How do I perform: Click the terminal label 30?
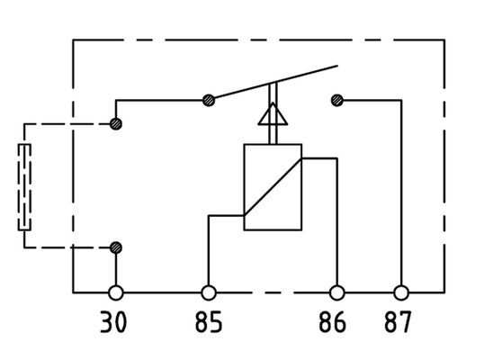(x=113, y=322)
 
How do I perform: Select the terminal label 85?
(x=209, y=322)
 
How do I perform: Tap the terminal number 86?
(x=333, y=322)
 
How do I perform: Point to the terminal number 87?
(x=398, y=322)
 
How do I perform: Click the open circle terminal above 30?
(x=116, y=292)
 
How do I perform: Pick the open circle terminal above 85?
(x=209, y=292)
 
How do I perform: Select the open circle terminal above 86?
(x=337, y=292)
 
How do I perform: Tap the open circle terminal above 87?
(x=401, y=292)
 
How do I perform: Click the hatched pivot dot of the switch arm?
(x=209, y=100)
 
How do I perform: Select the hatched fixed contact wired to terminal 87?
(x=337, y=100)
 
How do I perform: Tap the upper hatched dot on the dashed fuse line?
(x=116, y=123)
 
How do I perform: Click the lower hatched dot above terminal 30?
(x=116, y=247)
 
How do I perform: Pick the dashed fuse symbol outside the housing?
(x=24, y=187)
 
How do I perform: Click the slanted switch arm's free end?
(x=337, y=66)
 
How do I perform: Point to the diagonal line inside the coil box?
(x=273, y=187)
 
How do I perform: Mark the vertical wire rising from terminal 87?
(x=401, y=193)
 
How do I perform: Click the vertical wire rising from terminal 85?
(x=209, y=250)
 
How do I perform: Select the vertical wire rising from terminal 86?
(x=337, y=221)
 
